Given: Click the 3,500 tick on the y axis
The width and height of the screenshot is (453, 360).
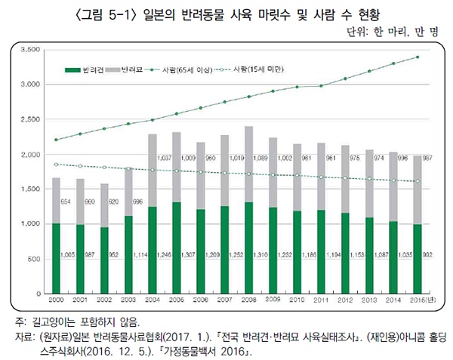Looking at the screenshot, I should (x=29, y=50).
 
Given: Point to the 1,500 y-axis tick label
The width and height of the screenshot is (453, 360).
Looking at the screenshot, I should (x=29, y=189).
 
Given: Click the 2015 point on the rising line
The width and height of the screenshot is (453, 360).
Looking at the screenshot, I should (x=418, y=57).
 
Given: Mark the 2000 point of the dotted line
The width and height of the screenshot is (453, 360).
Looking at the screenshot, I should (x=57, y=164).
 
